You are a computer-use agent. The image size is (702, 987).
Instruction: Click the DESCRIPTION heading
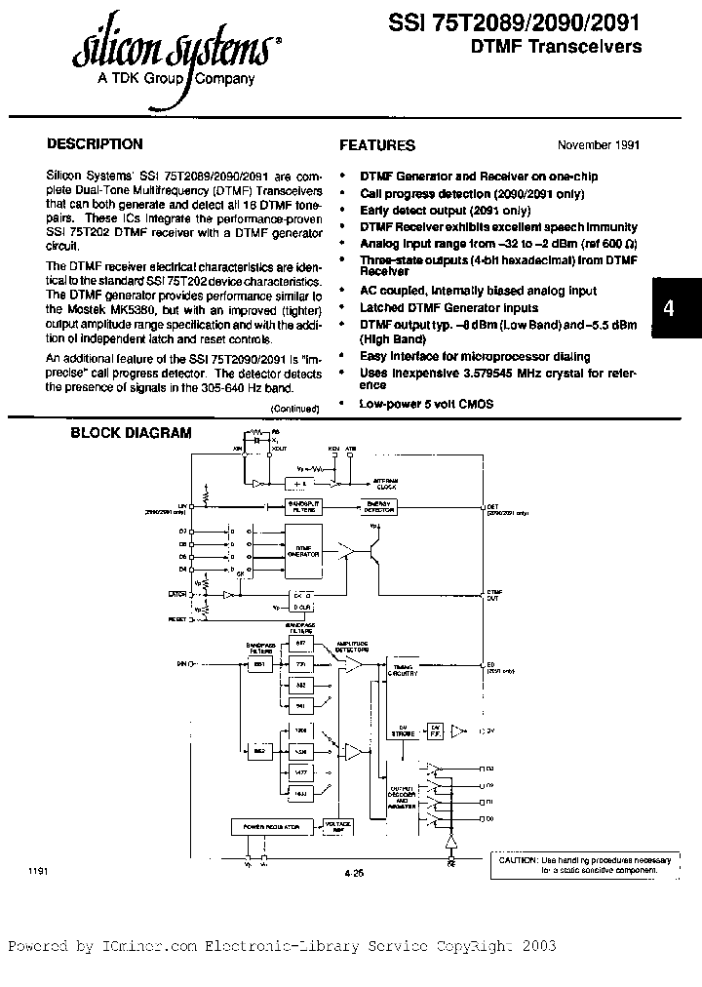(96, 144)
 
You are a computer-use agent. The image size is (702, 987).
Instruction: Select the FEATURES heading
(376, 145)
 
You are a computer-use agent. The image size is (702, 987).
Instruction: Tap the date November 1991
(598, 144)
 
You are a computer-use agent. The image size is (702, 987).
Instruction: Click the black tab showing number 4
(668, 308)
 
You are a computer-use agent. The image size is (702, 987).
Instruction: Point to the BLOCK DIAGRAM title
(131, 433)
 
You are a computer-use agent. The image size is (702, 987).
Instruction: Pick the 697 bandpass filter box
(300, 644)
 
